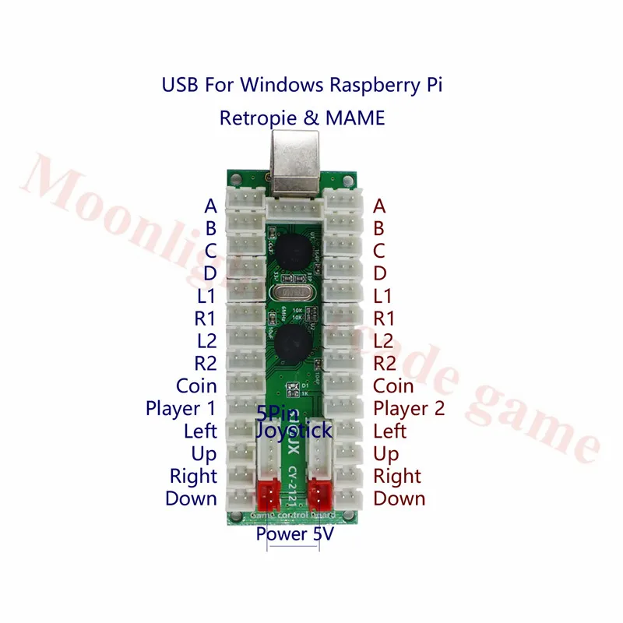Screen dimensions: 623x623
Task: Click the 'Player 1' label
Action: [181, 408]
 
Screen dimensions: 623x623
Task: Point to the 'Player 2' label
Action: [410, 408]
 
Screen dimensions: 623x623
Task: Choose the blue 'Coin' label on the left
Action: [196, 385]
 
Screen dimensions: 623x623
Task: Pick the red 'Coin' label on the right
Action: [394, 385]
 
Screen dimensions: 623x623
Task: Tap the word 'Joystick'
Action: [294, 429]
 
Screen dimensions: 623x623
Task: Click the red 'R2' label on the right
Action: [385, 363]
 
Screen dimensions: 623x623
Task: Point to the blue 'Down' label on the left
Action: [191, 498]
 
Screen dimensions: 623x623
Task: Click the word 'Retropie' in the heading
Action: [254, 118]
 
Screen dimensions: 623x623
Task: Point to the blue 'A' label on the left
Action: [210, 206]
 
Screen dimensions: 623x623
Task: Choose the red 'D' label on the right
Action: [380, 273]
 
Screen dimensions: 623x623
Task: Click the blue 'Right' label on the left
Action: [194, 476]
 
